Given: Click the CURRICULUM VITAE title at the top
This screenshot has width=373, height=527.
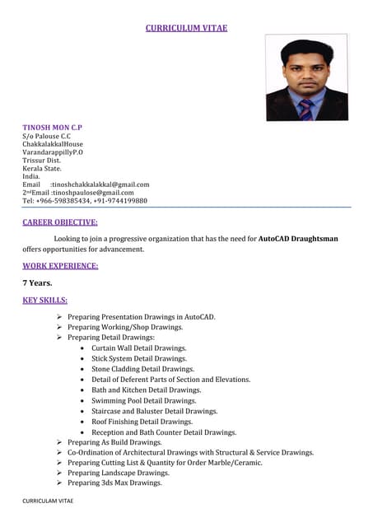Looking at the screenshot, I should tap(186, 28).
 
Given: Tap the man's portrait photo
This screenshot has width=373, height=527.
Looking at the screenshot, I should tap(306, 77).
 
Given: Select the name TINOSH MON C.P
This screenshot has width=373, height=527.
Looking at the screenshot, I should tap(52, 128).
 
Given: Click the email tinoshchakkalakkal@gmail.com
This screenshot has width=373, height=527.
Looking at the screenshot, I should tap(100, 184).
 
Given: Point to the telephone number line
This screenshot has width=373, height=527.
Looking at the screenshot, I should tap(85, 201).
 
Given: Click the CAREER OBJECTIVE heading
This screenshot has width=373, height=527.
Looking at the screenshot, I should tap(60, 222).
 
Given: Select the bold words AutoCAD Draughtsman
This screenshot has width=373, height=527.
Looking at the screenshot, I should tap(298, 239).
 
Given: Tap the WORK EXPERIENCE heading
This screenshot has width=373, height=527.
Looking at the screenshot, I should tap(60, 265).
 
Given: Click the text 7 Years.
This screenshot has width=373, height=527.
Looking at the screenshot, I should tap(37, 282).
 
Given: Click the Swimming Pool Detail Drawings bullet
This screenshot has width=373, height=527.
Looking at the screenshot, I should tap(143, 400).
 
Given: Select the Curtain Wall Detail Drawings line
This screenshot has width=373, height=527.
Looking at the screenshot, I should tap(138, 348).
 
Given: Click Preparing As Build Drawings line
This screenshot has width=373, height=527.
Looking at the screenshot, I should tap(114, 442).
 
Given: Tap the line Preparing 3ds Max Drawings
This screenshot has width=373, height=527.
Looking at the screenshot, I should tap(114, 483).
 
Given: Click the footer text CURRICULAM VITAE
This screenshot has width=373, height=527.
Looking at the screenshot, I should tap(48, 501).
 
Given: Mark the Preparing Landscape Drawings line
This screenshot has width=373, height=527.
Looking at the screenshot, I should tap(119, 473).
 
